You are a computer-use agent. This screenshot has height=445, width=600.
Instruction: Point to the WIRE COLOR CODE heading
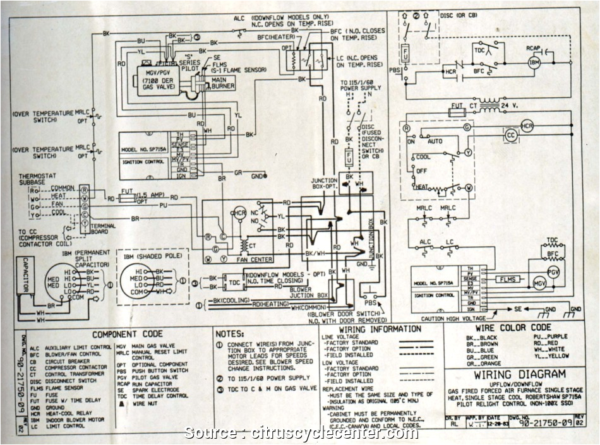coord(513,328)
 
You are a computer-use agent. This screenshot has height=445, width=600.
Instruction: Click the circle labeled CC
coord(510,135)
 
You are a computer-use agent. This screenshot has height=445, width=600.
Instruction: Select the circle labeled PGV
coord(553,273)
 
